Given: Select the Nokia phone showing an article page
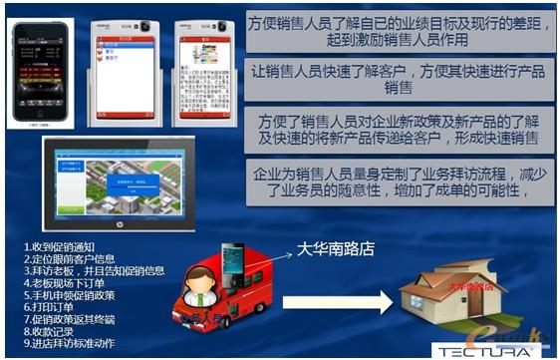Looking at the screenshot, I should point(203,68).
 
